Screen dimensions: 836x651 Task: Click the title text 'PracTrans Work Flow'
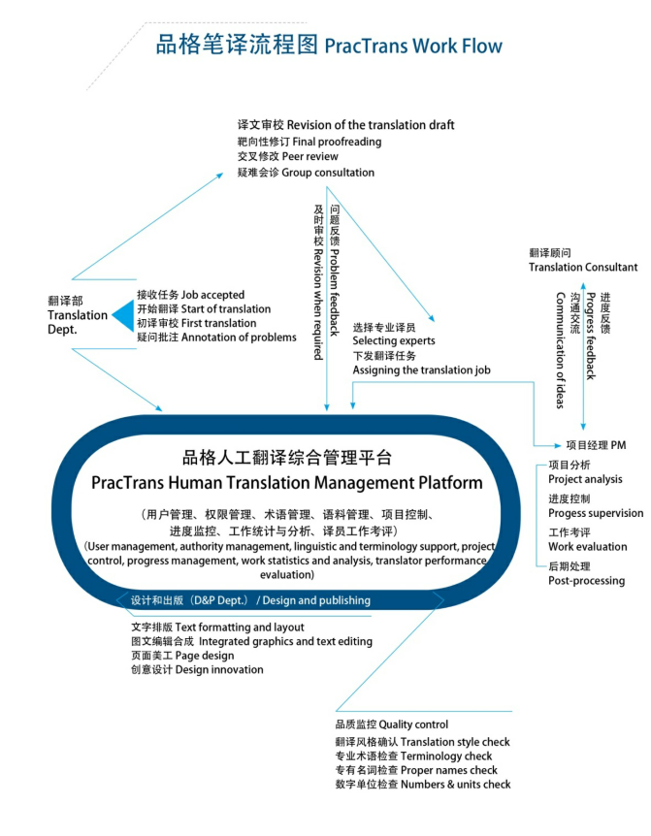(413, 46)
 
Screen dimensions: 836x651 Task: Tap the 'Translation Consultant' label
(583, 267)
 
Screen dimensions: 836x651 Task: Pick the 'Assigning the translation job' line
(421, 370)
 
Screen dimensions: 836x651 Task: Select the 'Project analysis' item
(585, 479)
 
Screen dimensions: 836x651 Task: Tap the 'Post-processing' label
(586, 581)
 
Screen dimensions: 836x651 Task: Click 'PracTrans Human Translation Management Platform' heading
(286, 482)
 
